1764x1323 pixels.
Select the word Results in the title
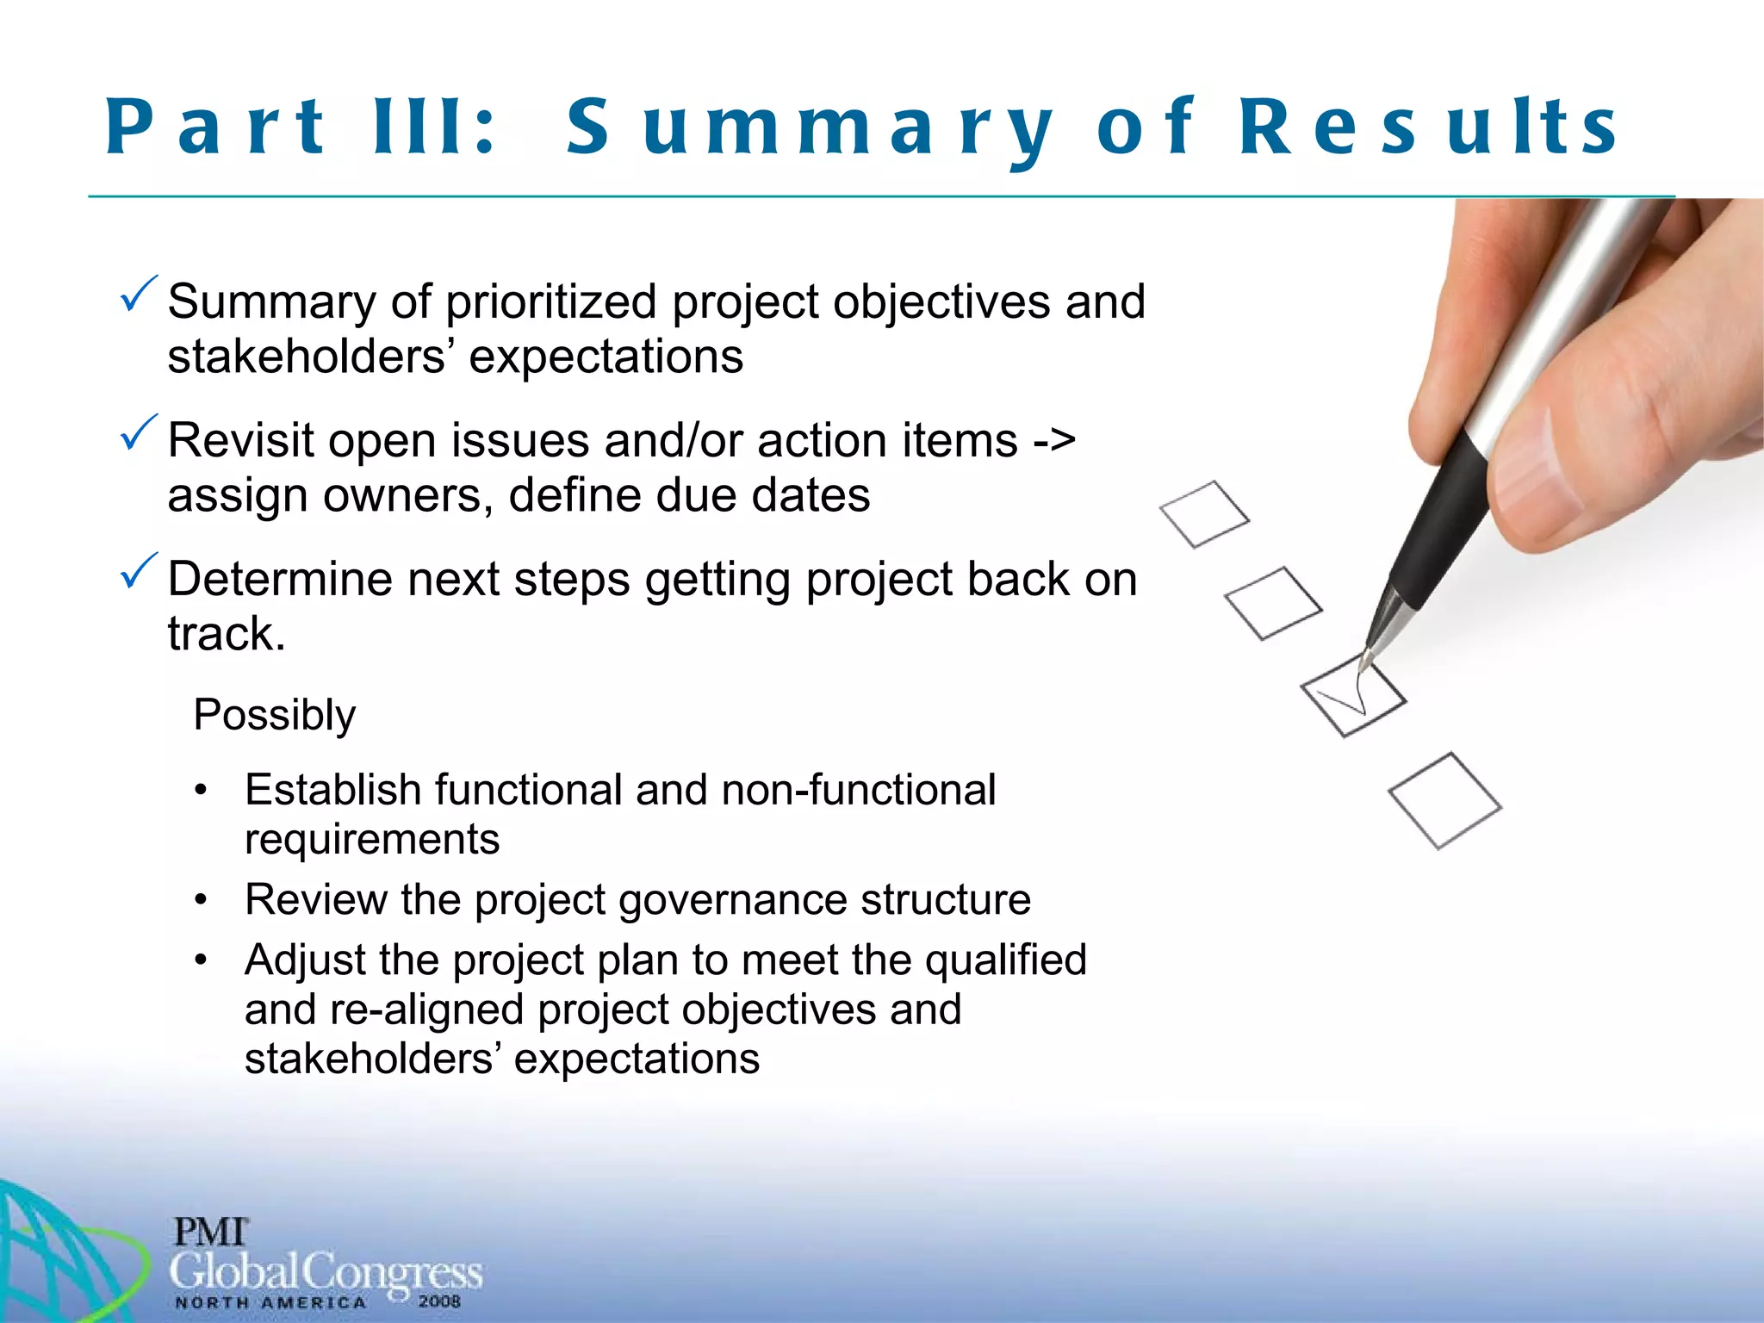click(1428, 127)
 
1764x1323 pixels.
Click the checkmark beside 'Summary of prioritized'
click(139, 295)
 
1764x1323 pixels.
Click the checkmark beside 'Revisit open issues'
click(139, 433)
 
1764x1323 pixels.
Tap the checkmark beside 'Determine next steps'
click(139, 572)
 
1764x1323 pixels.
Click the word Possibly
click(274, 715)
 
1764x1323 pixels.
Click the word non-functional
click(858, 790)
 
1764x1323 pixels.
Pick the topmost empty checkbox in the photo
click(1204, 514)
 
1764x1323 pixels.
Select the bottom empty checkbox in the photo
click(1444, 801)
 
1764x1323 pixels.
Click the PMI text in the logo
click(210, 1232)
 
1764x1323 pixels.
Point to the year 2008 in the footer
click(439, 1301)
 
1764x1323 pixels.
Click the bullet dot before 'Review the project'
click(201, 900)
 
